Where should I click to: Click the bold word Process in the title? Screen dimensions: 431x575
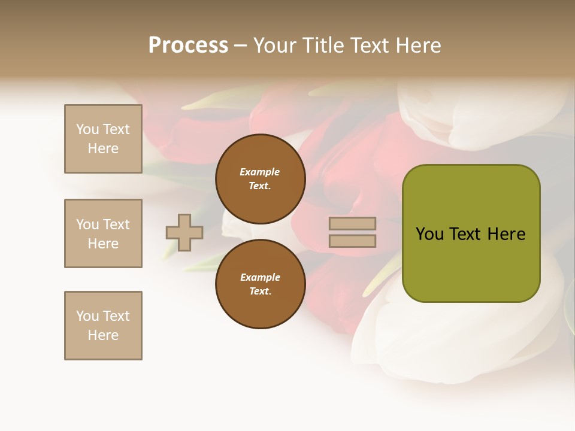[x=188, y=45]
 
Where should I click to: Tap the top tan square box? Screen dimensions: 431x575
[x=103, y=139]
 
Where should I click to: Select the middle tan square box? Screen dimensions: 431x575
[x=103, y=233]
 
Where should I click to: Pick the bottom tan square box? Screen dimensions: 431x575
[x=103, y=326]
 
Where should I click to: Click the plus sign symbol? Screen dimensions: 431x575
[x=184, y=232]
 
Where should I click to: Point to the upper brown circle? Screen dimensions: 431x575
[x=260, y=179]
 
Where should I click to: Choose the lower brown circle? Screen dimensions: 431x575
[x=260, y=284]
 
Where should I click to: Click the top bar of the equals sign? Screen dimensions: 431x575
[x=352, y=224]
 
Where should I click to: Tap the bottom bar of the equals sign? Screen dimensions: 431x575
[x=352, y=241]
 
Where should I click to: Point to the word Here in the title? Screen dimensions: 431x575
[x=418, y=45]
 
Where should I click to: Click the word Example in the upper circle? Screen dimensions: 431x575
[x=260, y=172]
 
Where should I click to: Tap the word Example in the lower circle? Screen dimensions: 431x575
[x=260, y=277]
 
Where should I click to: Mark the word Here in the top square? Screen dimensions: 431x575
[x=103, y=148]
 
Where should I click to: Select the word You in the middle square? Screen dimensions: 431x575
[x=87, y=224]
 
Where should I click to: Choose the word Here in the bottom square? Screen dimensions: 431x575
[x=103, y=335]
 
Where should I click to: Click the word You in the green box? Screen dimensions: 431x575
[x=429, y=234]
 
